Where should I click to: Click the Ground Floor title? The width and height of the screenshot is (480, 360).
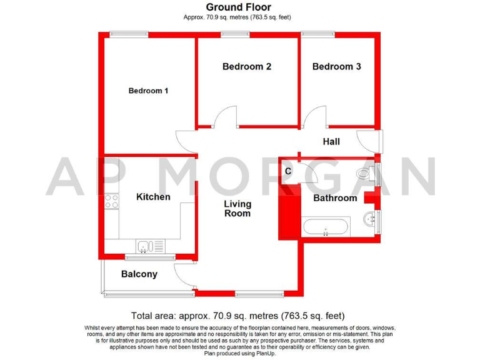pos(239,7)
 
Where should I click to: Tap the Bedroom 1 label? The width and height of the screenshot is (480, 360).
pos(148,91)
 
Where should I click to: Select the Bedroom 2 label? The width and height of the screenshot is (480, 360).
pos(246,66)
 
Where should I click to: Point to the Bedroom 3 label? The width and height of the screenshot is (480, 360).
pos(336,66)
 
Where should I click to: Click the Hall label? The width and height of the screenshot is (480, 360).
pos(331,142)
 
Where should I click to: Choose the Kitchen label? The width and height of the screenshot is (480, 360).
pos(153,197)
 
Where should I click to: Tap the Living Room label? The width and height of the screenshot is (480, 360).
pos(237,209)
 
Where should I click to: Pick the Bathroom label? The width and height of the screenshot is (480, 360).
pos(335,198)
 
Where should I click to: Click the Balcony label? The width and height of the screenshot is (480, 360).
pos(139,274)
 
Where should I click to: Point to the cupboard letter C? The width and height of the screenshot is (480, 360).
pos(288,171)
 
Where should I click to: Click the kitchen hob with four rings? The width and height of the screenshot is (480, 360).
pos(112,201)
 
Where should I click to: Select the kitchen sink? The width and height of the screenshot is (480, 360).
pos(144,247)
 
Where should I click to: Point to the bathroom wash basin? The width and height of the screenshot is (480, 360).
pos(372,218)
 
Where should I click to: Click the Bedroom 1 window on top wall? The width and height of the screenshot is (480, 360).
pos(129,34)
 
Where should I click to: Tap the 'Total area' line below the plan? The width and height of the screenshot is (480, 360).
pos(237,316)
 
